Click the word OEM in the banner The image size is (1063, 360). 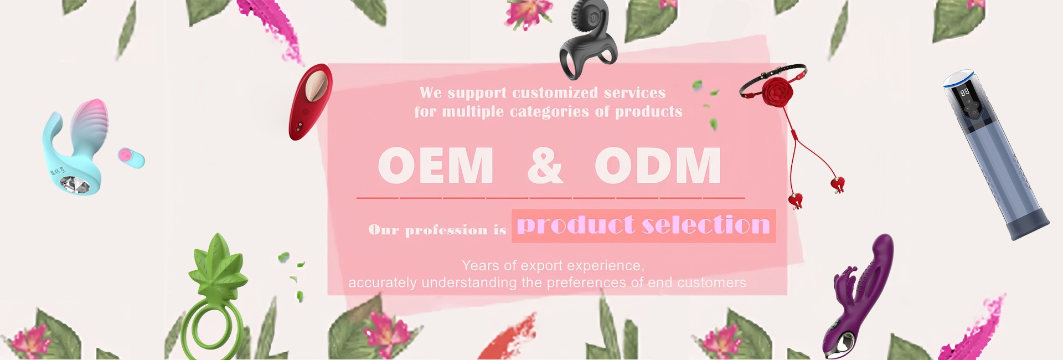click(x=436, y=165)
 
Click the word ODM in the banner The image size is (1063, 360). click(x=658, y=165)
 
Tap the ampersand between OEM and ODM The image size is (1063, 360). click(x=545, y=165)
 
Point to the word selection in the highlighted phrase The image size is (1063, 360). click(x=706, y=225)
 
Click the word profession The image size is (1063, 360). click(x=446, y=230)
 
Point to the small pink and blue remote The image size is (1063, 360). click(x=131, y=157)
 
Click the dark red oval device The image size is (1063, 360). click(x=310, y=102)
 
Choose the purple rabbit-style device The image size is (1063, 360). click(x=857, y=296)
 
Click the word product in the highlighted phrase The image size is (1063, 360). click(x=576, y=225)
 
